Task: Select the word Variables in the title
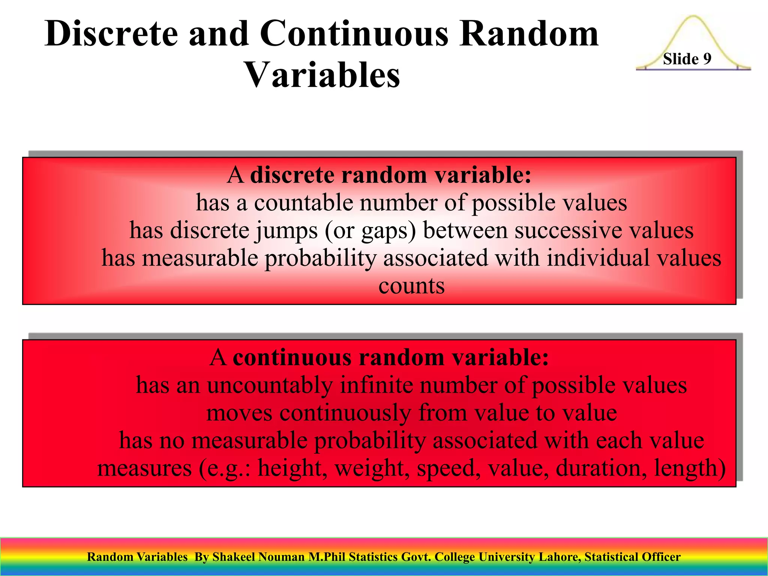322,75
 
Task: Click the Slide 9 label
687,59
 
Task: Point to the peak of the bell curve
693,16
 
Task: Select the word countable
303,203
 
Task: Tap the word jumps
287,230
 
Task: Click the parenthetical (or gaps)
370,230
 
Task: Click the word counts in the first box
411,286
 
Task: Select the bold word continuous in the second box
292,357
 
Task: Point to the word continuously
345,413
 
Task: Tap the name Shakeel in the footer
233,557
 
